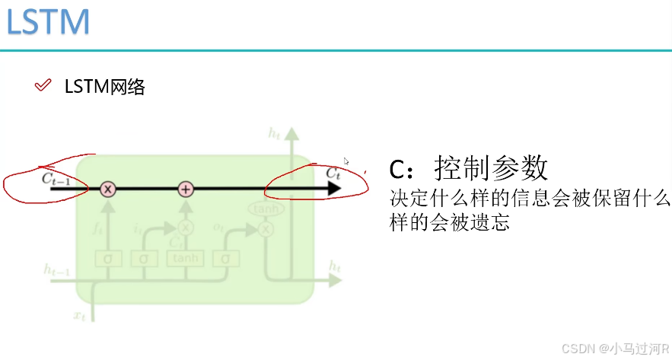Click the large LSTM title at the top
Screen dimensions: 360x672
point(48,22)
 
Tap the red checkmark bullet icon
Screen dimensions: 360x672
point(43,85)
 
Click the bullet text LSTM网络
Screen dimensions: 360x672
point(104,87)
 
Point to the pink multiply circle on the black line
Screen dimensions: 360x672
point(108,189)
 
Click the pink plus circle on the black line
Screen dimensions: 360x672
point(186,189)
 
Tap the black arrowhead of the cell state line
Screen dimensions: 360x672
point(332,189)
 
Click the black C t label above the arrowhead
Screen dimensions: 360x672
point(333,173)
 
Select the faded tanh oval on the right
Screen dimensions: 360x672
point(265,209)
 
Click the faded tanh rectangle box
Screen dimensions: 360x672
point(185,258)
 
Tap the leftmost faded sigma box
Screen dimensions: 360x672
point(108,258)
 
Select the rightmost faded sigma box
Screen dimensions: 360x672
point(225,258)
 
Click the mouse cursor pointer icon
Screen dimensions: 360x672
point(347,161)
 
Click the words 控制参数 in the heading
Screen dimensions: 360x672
point(491,168)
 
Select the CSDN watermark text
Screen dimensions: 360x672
point(613,348)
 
